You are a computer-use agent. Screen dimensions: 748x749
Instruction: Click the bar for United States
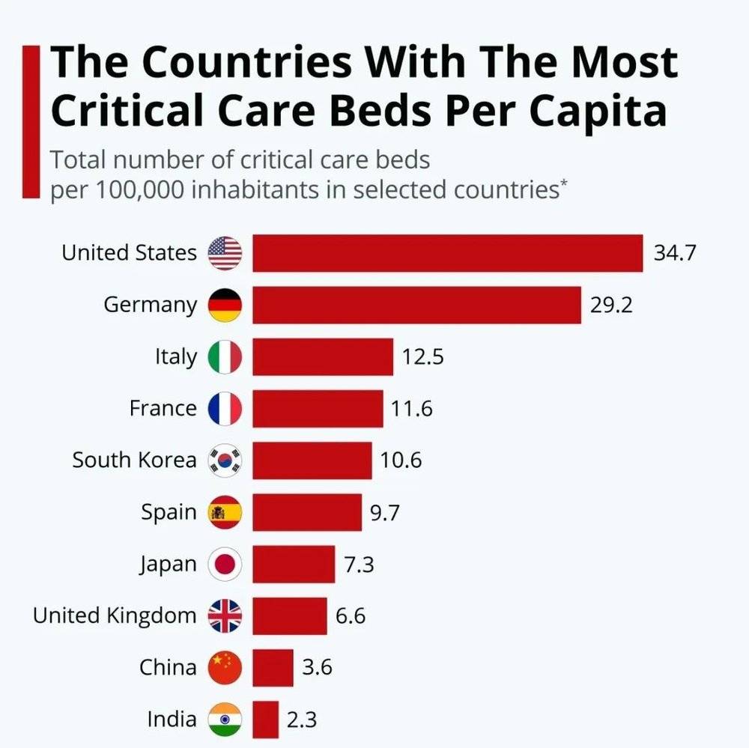pyautogui.click(x=447, y=253)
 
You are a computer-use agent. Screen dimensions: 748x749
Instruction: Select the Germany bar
pyautogui.click(x=416, y=305)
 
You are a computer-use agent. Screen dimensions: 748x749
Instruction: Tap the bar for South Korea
pyautogui.click(x=312, y=460)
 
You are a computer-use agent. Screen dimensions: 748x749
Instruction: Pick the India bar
pyautogui.click(x=265, y=720)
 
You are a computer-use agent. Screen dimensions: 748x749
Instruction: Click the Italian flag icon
pyautogui.click(x=225, y=356)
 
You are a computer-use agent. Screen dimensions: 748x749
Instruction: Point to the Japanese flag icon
pyautogui.click(x=225, y=565)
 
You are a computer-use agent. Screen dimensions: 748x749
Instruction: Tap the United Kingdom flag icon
pyautogui.click(x=225, y=616)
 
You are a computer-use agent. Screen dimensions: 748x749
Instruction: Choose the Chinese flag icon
pyautogui.click(x=225, y=668)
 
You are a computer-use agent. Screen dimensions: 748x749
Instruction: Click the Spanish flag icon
pyautogui.click(x=225, y=512)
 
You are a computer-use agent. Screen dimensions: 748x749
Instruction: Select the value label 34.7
pyautogui.click(x=675, y=253)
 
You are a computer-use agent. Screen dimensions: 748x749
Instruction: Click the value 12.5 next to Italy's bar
pyautogui.click(x=422, y=356)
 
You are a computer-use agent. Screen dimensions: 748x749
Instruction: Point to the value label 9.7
pyautogui.click(x=385, y=512)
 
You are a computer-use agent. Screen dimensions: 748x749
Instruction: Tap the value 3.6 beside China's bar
pyautogui.click(x=317, y=668)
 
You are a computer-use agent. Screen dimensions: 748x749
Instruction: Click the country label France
pyautogui.click(x=163, y=409)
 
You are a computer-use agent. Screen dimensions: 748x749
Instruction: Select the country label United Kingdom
pyautogui.click(x=115, y=616)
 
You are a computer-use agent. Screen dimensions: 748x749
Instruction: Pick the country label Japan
pyautogui.click(x=168, y=565)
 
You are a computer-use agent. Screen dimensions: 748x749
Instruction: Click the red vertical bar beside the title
pyautogui.click(x=30, y=120)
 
